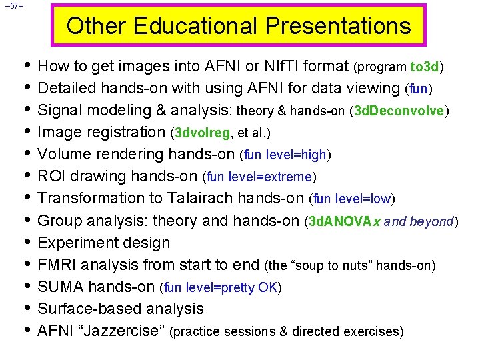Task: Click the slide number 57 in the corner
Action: (x=13, y=7)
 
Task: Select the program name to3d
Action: (x=425, y=67)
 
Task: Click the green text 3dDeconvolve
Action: (x=399, y=111)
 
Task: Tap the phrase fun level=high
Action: (x=285, y=155)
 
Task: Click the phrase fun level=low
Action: (x=353, y=199)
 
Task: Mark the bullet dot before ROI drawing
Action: (x=25, y=176)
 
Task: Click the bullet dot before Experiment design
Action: (x=25, y=242)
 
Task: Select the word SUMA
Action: (x=61, y=287)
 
